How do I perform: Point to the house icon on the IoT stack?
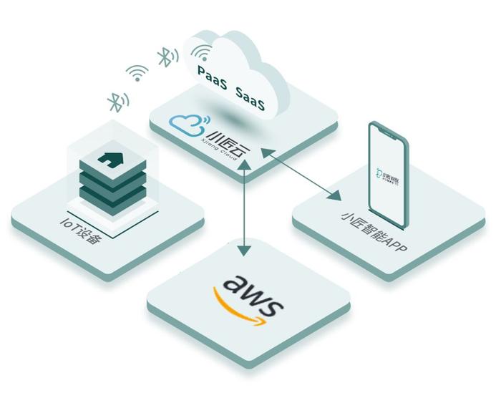[x=112, y=157]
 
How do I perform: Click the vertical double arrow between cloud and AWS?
[x=245, y=208]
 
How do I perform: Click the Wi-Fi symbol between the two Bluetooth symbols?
[x=137, y=72]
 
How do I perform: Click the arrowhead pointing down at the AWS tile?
[x=245, y=251]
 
